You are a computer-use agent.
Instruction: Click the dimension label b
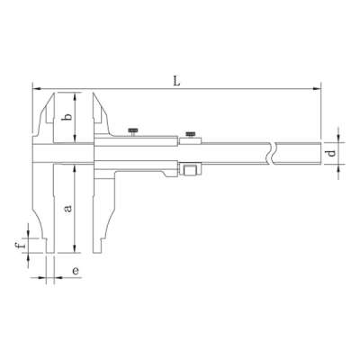(66, 117)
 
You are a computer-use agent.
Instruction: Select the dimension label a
(66, 208)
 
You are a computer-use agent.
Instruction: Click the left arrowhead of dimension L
(36, 88)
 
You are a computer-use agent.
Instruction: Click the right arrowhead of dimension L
(318, 88)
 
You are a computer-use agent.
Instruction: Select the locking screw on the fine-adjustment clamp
(190, 133)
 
